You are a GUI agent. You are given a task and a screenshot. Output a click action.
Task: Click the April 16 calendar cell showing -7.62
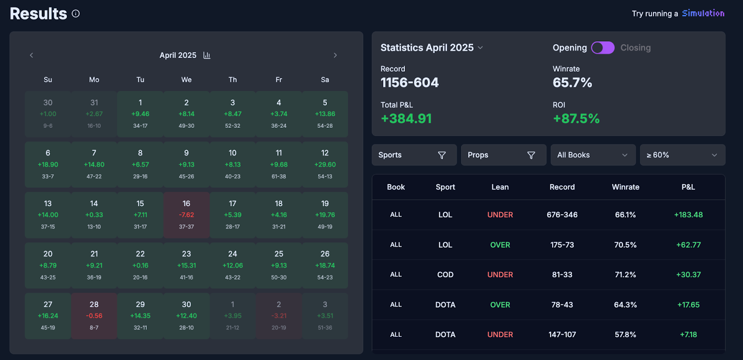[x=186, y=215]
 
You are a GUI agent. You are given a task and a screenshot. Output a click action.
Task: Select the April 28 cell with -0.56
[x=94, y=315]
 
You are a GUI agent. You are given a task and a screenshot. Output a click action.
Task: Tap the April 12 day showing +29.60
[x=325, y=164]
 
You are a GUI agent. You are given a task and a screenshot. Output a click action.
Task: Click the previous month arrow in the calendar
[x=32, y=55]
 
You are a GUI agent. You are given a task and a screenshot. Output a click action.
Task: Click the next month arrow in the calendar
[x=335, y=55]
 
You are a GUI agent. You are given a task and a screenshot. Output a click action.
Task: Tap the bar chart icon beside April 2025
[x=207, y=55]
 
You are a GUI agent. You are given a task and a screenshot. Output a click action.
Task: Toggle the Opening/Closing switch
[x=603, y=48]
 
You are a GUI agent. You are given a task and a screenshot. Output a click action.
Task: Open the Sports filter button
[x=414, y=155]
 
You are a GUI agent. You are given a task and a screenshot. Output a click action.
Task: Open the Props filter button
[x=503, y=155]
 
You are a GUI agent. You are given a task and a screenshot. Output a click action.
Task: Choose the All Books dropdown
[x=593, y=155]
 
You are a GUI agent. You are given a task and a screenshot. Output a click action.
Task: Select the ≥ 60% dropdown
[x=682, y=155]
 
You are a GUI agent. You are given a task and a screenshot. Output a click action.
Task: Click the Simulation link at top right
[x=703, y=13]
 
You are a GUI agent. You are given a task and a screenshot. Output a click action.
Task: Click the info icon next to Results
[x=76, y=13]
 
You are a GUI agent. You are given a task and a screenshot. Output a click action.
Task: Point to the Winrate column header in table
[x=625, y=187]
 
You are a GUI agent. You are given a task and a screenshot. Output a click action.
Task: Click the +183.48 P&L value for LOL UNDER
[x=688, y=215]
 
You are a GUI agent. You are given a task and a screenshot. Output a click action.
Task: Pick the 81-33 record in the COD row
[x=562, y=275]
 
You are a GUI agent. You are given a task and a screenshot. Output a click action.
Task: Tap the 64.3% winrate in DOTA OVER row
[x=625, y=305]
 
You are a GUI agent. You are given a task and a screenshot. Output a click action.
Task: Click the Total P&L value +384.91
[x=406, y=119]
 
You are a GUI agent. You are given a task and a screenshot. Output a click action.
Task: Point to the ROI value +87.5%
[x=576, y=119]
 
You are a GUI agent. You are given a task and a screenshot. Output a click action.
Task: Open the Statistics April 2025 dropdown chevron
[x=480, y=48]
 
